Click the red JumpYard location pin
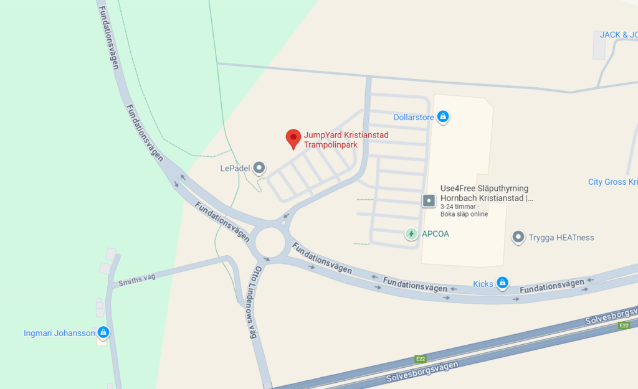(293, 138)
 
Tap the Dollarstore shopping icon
(443, 116)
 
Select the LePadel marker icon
(259, 167)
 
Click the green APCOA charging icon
(411, 234)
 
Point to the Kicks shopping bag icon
(502, 284)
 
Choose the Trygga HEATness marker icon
(518, 237)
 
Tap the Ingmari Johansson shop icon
(103, 332)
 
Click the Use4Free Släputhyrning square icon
(429, 200)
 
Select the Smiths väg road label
(136, 281)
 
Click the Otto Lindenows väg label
(255, 302)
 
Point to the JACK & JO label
(618, 35)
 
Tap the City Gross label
(612, 182)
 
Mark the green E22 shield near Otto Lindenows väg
(421, 359)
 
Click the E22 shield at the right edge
(624, 326)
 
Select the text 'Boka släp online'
(464, 214)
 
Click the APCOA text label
(436, 234)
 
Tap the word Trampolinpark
(330, 144)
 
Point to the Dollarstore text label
(414, 117)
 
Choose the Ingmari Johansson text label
(59, 333)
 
